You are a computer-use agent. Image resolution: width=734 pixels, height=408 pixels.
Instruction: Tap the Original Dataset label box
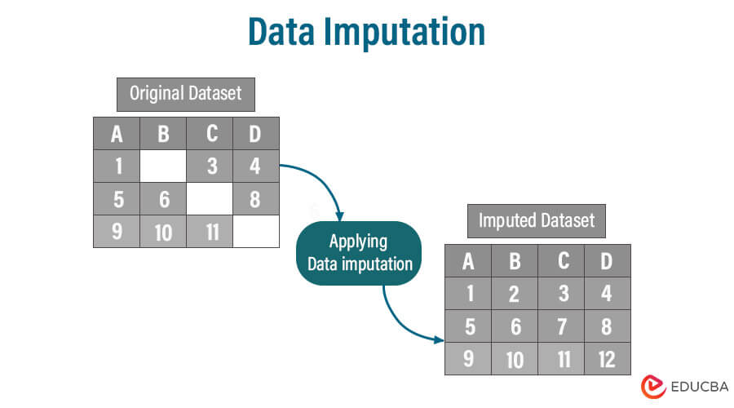(186, 94)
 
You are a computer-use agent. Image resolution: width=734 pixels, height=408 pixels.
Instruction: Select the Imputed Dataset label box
(536, 220)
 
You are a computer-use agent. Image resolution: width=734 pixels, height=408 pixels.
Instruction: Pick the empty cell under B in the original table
(163, 166)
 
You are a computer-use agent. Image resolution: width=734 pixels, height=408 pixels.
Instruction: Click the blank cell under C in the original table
(210, 199)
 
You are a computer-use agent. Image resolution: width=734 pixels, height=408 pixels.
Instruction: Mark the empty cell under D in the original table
(256, 232)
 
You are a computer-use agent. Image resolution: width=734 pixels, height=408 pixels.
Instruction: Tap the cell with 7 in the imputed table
(560, 326)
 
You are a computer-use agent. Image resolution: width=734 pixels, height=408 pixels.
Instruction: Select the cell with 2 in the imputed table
(514, 294)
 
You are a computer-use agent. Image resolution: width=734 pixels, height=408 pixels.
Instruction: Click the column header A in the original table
(117, 133)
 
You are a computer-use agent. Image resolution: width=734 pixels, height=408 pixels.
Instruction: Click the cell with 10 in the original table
(163, 232)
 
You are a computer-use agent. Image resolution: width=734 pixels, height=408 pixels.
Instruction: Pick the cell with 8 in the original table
(256, 199)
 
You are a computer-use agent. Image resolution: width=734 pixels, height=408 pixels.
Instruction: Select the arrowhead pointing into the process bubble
(342, 214)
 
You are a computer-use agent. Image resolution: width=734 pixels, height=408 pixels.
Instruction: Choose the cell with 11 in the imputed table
(560, 358)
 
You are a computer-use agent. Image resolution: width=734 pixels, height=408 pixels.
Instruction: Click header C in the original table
(210, 133)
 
